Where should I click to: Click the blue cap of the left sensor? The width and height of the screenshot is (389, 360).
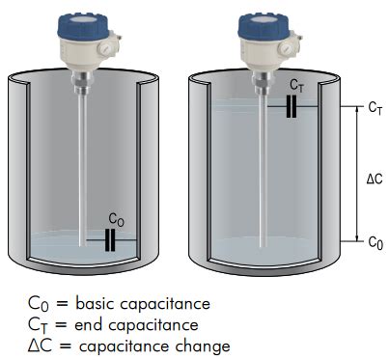pyautogui.click(x=83, y=26)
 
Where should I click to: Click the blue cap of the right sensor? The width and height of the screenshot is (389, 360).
pyautogui.click(x=264, y=26)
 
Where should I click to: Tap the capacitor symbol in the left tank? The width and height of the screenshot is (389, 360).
pyautogui.click(x=110, y=240)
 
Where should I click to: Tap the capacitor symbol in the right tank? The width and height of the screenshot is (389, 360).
pyautogui.click(x=292, y=106)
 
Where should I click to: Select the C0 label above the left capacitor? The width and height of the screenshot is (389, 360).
pyautogui.click(x=116, y=220)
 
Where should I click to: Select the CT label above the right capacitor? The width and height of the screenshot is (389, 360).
pyautogui.click(x=296, y=85)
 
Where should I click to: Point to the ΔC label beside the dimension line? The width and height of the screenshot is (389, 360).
pyautogui.click(x=375, y=179)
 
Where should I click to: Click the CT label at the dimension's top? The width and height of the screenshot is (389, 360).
pyautogui.click(x=375, y=108)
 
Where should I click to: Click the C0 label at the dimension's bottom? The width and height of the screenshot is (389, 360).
pyautogui.click(x=375, y=242)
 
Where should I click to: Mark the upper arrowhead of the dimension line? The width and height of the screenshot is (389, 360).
pyautogui.click(x=356, y=110)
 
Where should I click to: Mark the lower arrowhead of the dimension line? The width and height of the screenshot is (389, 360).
pyautogui.click(x=356, y=237)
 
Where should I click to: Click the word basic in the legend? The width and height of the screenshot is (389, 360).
pyautogui.click(x=96, y=303)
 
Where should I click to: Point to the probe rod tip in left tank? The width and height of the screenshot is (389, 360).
pyautogui.click(x=83, y=245)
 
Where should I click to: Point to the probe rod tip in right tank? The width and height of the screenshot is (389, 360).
pyautogui.click(x=264, y=246)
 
